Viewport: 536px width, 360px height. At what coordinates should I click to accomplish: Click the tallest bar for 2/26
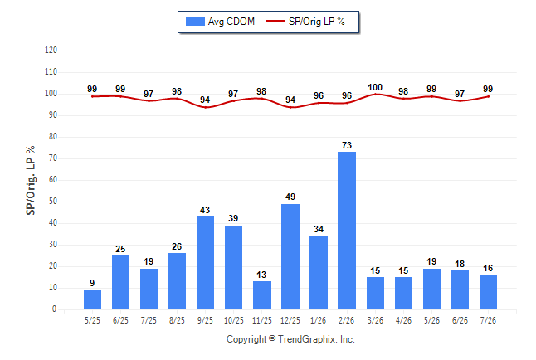coord(347,231)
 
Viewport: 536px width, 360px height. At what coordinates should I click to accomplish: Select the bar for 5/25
coord(92,299)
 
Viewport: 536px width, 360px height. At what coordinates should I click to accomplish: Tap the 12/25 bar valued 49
coord(290,257)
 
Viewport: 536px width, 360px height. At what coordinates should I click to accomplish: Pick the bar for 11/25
coord(262,295)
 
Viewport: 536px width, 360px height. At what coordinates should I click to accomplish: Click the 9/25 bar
coord(206,263)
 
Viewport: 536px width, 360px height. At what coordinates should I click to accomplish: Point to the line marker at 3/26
coord(375,94)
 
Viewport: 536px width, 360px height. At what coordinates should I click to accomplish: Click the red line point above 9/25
coord(206,107)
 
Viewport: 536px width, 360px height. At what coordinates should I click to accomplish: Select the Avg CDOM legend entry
coord(220,22)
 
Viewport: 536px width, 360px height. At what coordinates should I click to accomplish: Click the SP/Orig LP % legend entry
coord(305,22)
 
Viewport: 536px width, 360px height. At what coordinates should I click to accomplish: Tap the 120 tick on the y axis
coord(51,51)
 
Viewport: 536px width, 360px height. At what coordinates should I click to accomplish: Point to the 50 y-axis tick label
coord(53,202)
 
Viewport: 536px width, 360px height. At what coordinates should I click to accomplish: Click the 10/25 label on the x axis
coord(234,320)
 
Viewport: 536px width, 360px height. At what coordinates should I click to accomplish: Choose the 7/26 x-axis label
coord(488,320)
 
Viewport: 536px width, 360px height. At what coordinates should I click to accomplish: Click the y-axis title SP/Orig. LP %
coord(31,180)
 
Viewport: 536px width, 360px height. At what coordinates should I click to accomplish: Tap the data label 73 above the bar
coord(347,145)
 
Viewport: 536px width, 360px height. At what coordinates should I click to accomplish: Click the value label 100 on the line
coord(375,88)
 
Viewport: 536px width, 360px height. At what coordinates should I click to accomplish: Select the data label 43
coord(205,210)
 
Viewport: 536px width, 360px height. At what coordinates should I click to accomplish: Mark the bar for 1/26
coord(319,273)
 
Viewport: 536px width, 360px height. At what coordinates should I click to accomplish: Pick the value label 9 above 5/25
coord(92,283)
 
